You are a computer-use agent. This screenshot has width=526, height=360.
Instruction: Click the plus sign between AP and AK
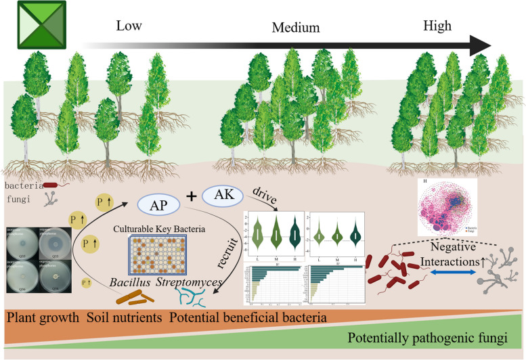click(192, 198)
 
